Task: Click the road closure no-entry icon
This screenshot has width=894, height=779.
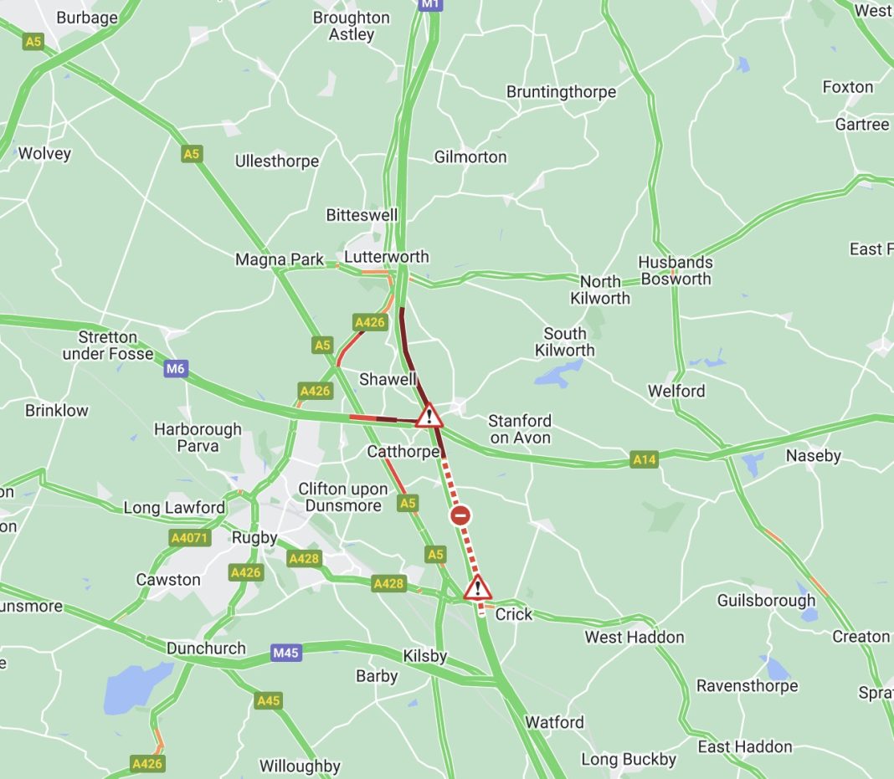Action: pos(460,515)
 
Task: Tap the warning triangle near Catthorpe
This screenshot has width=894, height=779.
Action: pos(429,415)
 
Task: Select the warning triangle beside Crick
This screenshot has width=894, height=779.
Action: pos(477,587)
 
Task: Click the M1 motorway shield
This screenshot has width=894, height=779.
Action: pos(429,4)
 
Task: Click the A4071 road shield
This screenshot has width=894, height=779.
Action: pos(190,538)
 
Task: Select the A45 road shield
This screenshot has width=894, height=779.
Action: pos(268,700)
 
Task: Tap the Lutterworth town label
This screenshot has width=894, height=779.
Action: pos(387,257)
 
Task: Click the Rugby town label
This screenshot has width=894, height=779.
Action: pos(254,537)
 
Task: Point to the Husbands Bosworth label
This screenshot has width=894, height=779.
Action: pos(676,271)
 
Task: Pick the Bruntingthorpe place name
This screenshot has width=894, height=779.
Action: pos(561,92)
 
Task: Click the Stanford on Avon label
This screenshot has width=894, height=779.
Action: pos(520,429)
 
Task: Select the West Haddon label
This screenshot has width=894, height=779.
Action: pos(634,638)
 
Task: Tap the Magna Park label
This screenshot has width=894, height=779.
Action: pos(280,259)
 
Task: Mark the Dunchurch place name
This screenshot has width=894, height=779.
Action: pos(206,648)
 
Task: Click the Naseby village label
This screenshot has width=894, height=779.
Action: pos(813,456)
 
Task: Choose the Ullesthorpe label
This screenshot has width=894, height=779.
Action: pos(277,161)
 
